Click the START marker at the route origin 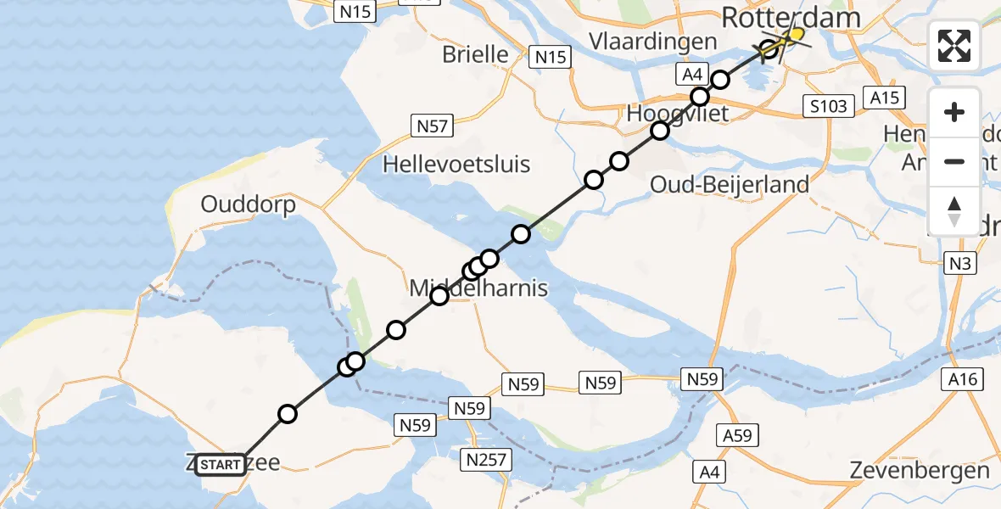pyautogui.click(x=221, y=464)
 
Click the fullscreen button pyautogui.click(x=954, y=46)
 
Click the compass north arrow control pyautogui.click(x=954, y=211)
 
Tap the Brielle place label pyautogui.click(x=475, y=54)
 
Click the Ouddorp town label pyautogui.click(x=248, y=204)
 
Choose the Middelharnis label pyautogui.click(x=478, y=288)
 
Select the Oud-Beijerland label pyautogui.click(x=729, y=184)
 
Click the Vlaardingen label pyautogui.click(x=663, y=42)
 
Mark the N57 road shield pyautogui.click(x=431, y=126)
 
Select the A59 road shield pyautogui.click(x=738, y=436)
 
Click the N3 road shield pyautogui.click(x=959, y=264)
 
